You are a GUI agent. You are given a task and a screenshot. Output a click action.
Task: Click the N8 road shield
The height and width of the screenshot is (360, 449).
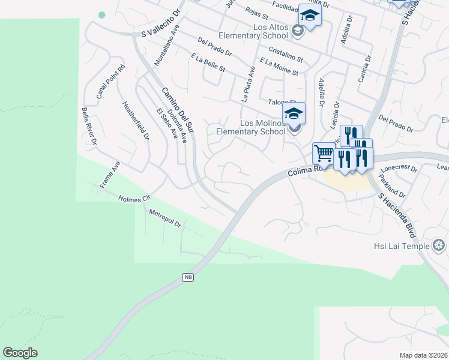[188, 277]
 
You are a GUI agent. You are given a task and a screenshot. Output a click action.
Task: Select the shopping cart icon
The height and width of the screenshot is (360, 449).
[324, 153]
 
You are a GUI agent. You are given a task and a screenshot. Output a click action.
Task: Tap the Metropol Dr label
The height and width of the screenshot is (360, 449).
[165, 218]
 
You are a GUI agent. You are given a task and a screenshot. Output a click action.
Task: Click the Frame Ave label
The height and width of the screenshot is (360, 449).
[110, 175]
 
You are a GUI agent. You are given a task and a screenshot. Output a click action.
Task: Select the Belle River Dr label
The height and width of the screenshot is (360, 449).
[89, 127]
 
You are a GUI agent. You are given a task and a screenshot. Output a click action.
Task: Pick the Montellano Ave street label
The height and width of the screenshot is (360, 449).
[167, 45]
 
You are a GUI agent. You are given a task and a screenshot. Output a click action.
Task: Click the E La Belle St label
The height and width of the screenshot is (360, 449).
[208, 62]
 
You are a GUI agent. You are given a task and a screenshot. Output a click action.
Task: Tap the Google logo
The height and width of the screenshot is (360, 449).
[20, 353]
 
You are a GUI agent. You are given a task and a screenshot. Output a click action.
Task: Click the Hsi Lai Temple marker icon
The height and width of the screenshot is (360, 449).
[439, 245]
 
